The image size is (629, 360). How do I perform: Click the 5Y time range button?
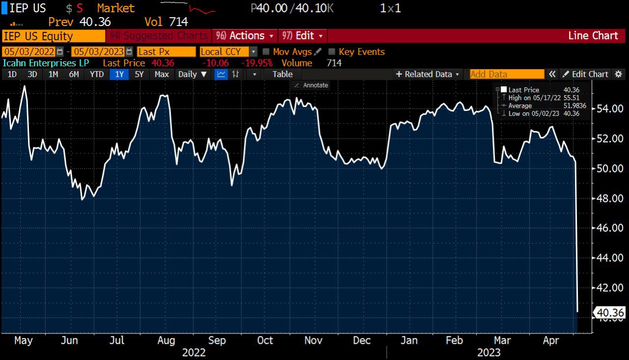(139, 74)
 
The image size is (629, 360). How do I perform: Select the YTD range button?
(97, 74)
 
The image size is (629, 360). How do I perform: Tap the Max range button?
(162, 74)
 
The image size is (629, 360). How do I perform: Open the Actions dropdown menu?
(246, 36)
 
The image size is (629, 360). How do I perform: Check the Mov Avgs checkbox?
(266, 52)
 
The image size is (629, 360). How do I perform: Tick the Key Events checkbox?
(332, 52)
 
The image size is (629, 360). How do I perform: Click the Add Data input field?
(507, 74)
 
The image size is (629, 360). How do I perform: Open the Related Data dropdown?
(428, 74)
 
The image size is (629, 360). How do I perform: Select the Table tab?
(282, 74)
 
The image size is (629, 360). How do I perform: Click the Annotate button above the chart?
(311, 85)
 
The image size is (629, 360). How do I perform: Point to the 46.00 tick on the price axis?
(610, 228)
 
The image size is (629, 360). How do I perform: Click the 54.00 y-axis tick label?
(610, 109)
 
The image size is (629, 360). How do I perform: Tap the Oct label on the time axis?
(265, 340)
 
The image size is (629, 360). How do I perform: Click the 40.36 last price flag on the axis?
(609, 313)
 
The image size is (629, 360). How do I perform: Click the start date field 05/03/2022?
(29, 52)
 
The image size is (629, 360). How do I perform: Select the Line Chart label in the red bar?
(593, 36)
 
